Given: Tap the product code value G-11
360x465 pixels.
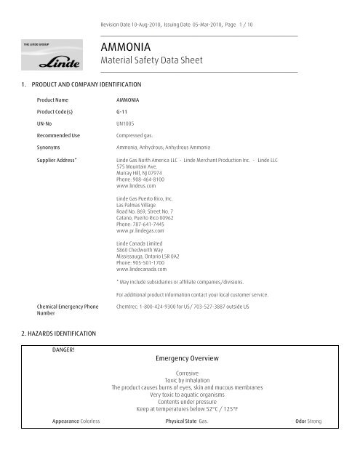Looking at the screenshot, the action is point(122,112).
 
